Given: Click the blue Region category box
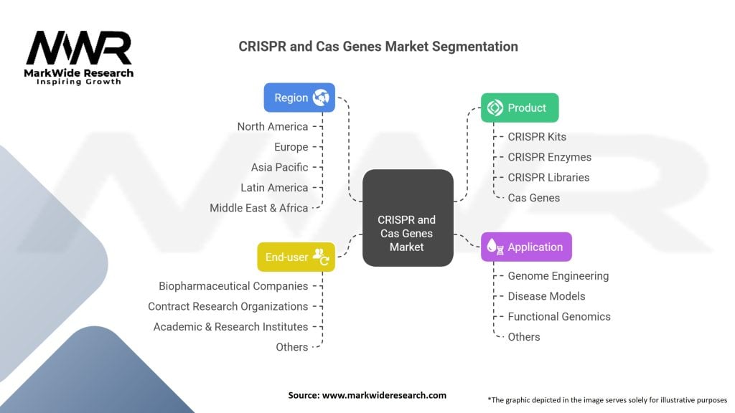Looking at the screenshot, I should click(299, 98).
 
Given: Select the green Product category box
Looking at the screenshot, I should click(520, 108).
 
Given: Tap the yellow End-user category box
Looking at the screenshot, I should click(296, 257).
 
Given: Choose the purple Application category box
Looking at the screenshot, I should click(526, 247).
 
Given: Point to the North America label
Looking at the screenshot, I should click(273, 127).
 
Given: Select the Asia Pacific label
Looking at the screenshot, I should click(279, 167).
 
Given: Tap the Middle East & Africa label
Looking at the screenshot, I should click(258, 208).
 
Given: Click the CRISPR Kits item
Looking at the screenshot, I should click(537, 137).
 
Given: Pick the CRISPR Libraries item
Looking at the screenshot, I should click(548, 177).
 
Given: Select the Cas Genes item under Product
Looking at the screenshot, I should click(534, 197).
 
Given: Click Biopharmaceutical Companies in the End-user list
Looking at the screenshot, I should click(233, 286).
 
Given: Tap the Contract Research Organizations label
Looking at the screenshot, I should click(228, 306).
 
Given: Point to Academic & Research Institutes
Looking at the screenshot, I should click(230, 326).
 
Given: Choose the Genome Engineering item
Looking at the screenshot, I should click(558, 276).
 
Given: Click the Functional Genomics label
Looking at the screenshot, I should click(559, 316).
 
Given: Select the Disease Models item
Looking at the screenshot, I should click(546, 296).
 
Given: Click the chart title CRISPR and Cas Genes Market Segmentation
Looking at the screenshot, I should click(378, 46).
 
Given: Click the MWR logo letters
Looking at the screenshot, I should click(79, 49).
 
